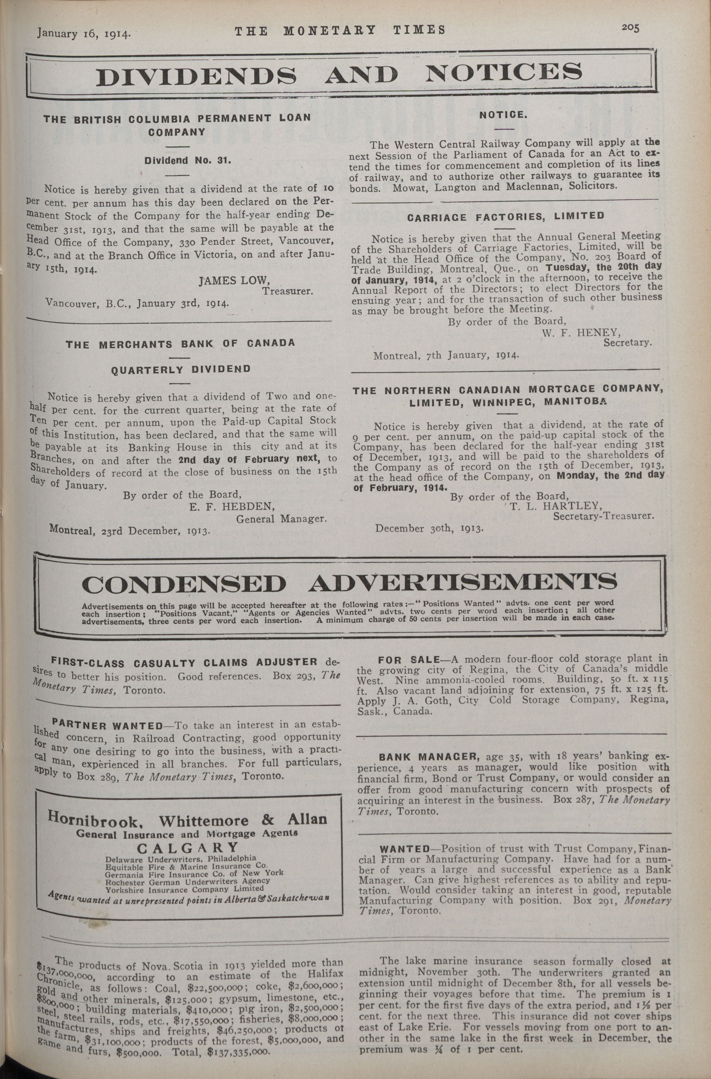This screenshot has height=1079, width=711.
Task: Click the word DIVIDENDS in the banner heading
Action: [196, 75]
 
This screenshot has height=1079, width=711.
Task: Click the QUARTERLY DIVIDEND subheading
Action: [181, 370]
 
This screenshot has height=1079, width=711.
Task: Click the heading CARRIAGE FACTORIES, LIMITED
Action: [506, 217]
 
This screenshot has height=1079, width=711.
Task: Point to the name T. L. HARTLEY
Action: [556, 506]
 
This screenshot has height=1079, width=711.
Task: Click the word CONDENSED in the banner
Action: [184, 584]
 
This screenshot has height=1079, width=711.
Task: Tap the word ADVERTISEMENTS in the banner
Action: [462, 583]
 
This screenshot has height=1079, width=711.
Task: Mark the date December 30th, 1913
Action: [429, 529]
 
